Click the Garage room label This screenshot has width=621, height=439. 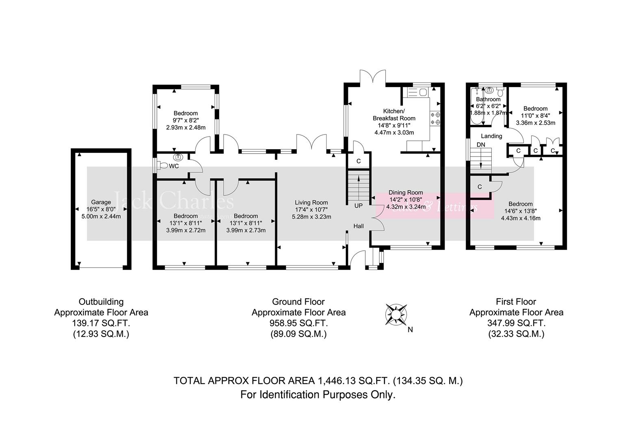point(101,202)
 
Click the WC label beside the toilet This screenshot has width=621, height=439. point(174,166)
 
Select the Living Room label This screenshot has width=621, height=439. point(311,202)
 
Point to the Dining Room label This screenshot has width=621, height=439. point(406,193)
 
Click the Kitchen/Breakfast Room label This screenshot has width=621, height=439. point(394,115)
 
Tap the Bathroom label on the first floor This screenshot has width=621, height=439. point(488,99)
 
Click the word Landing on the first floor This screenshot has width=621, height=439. point(491,136)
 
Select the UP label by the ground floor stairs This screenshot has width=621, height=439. point(358,206)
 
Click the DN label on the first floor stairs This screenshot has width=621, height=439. point(481,145)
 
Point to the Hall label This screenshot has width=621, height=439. point(358,226)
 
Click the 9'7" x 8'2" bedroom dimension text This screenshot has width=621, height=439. point(186,120)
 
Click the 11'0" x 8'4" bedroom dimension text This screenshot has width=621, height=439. point(535,115)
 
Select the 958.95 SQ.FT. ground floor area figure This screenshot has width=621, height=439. point(298,323)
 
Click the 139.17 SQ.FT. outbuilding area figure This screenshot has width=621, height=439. point(101,323)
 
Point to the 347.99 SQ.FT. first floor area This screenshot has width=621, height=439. point(516,323)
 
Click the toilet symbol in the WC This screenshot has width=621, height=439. point(163,166)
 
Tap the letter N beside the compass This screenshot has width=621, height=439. point(410,330)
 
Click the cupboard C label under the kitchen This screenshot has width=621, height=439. point(358,161)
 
